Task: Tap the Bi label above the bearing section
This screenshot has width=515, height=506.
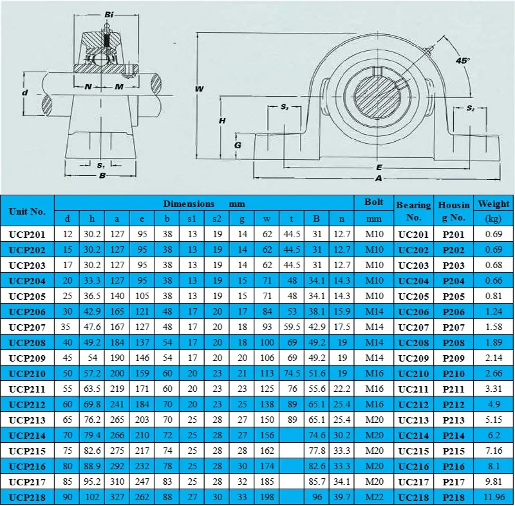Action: (109, 14)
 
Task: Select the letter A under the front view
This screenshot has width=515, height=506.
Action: (379, 178)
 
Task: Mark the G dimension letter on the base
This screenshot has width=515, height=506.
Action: (238, 145)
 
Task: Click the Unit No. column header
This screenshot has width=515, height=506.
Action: (27, 211)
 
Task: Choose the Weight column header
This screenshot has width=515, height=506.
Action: (494, 204)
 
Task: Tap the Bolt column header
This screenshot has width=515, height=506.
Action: (373, 202)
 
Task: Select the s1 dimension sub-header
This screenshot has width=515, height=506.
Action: (192, 219)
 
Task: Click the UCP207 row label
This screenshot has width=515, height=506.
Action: (27, 327)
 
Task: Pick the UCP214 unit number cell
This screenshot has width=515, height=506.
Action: (27, 435)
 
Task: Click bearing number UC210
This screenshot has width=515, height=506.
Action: (413, 373)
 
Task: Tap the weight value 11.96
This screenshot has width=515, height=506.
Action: (494, 497)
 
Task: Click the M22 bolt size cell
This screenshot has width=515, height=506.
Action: (373, 497)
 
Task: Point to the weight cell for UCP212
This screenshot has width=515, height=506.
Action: (494, 404)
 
